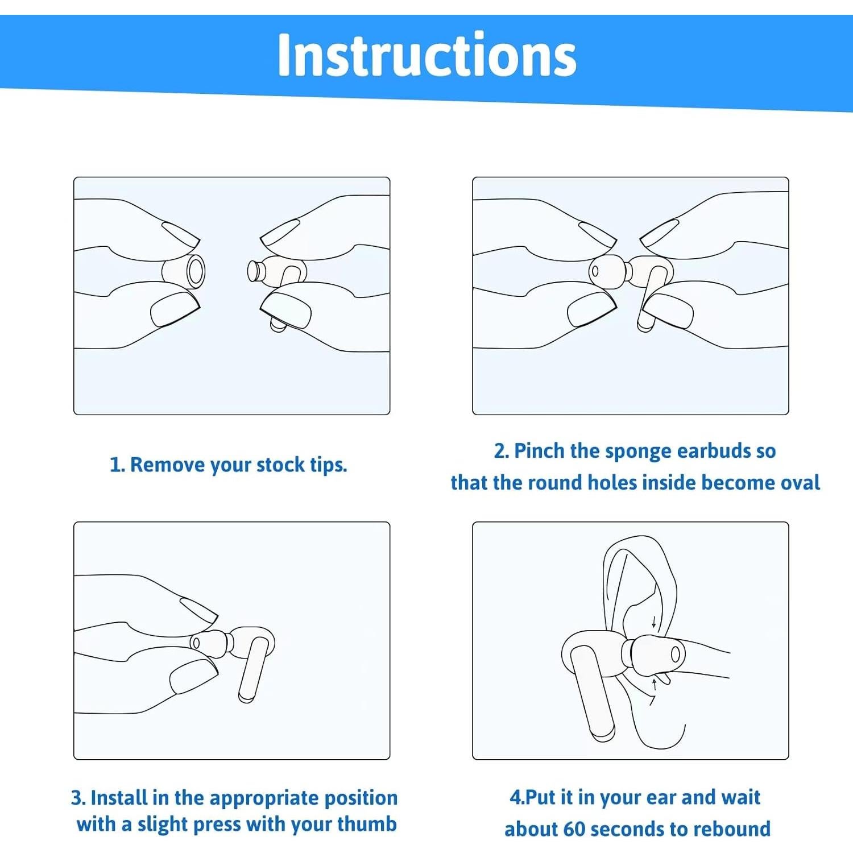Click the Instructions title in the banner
click(x=426, y=55)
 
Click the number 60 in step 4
click(x=574, y=829)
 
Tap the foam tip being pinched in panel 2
click(x=607, y=271)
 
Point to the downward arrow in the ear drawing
click(x=654, y=621)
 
